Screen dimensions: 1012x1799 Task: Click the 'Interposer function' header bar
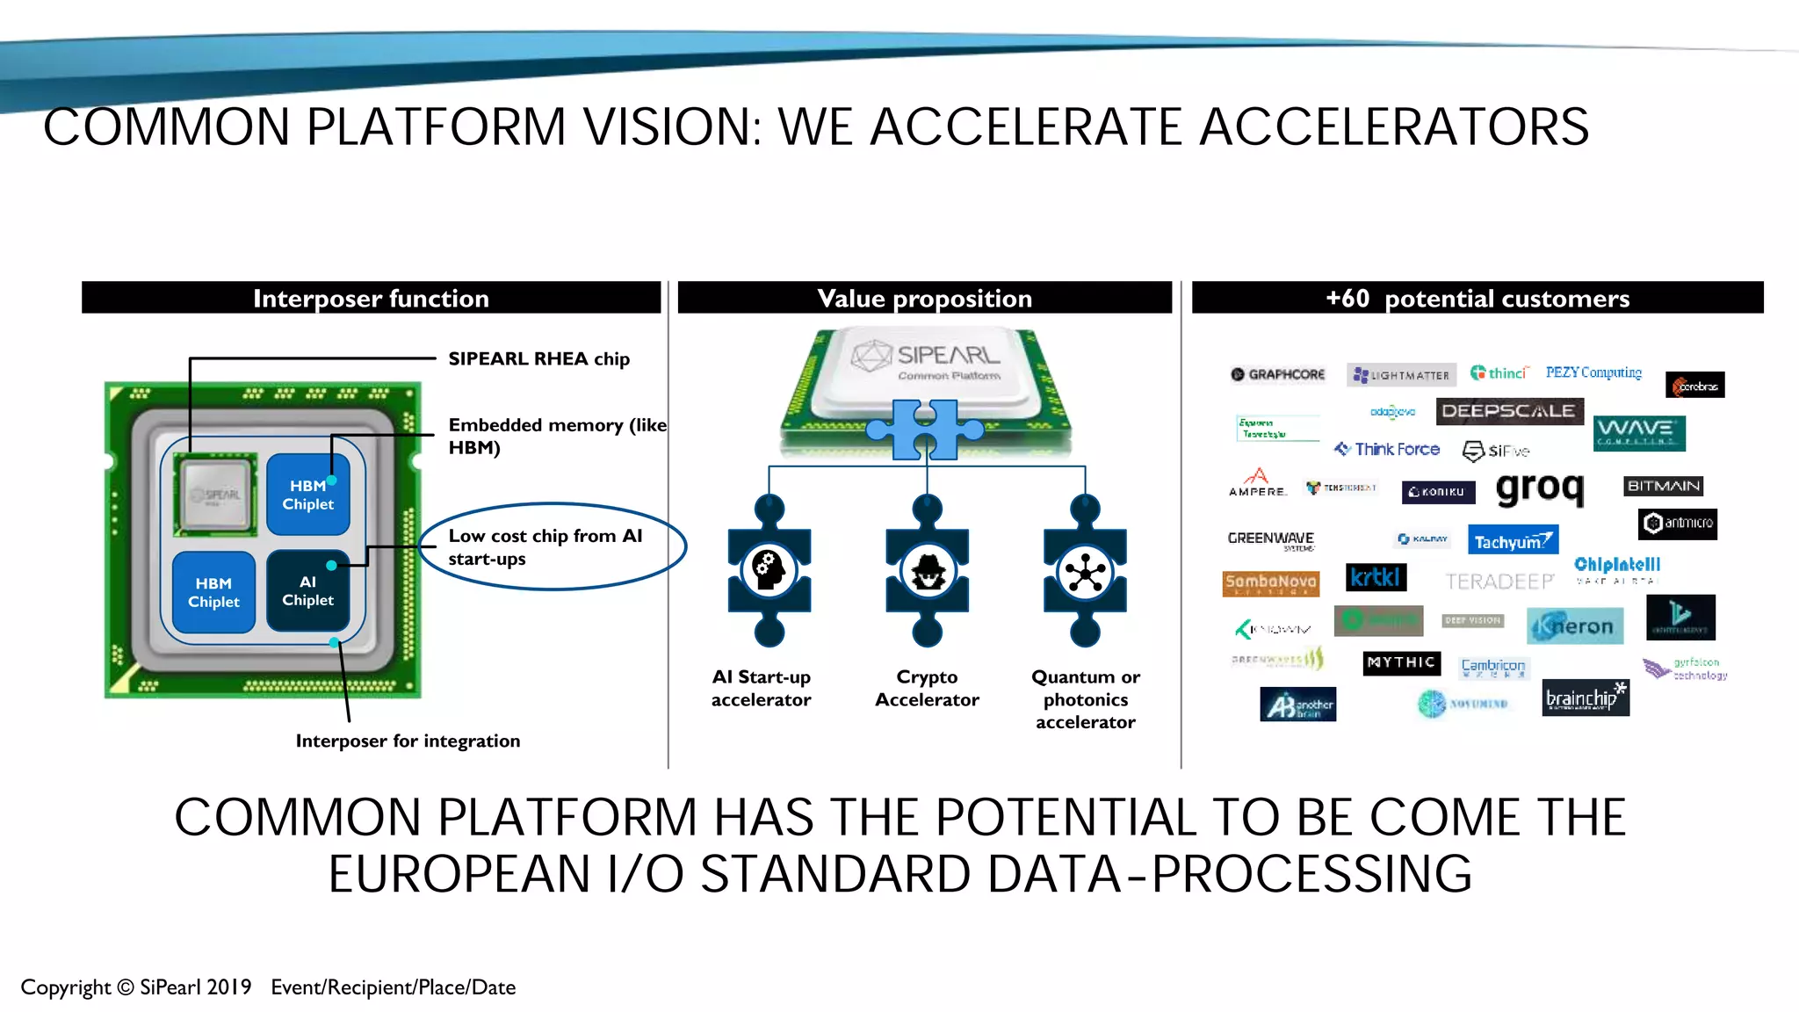(371, 298)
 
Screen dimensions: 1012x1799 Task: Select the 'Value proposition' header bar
(924, 298)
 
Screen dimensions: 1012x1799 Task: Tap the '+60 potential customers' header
(1477, 298)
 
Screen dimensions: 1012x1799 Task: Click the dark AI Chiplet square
(307, 590)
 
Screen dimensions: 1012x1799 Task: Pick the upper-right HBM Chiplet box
(307, 495)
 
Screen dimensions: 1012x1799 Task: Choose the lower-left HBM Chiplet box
(213, 592)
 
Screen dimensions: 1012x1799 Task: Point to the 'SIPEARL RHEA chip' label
(538, 358)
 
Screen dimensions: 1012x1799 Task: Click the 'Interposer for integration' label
(408, 741)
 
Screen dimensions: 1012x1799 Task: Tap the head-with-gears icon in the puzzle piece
(769, 569)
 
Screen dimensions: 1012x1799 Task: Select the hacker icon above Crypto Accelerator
(928, 571)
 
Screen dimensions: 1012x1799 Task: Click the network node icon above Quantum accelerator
(1086, 573)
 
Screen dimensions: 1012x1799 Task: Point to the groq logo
(1540, 488)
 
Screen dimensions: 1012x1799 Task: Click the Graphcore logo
(1278, 374)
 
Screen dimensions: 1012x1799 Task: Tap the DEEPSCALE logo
(1509, 411)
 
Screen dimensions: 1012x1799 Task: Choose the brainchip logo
(1586, 698)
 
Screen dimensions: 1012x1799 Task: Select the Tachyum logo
(1513, 540)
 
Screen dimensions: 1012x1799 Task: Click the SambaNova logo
(1270, 582)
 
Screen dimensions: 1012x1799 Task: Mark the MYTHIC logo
(1401, 662)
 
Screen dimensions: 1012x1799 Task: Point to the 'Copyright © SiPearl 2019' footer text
(136, 987)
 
